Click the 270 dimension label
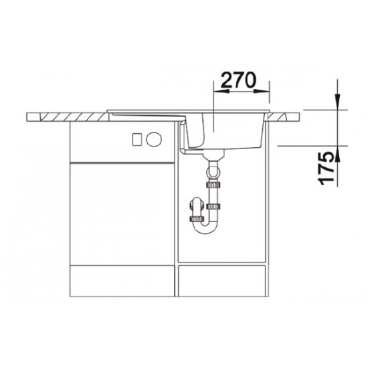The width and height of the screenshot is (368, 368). [x=238, y=80]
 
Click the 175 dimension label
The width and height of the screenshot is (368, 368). [x=326, y=168]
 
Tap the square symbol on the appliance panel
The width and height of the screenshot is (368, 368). [x=137, y=139]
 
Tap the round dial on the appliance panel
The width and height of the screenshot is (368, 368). [x=154, y=139]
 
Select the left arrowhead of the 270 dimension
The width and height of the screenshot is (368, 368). [x=221, y=91]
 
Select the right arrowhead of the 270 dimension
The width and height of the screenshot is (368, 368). [x=262, y=91]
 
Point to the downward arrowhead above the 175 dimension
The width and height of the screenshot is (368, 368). [x=338, y=102]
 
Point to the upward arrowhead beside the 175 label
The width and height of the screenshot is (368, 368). [x=338, y=154]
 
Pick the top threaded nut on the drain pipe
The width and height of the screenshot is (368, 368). [x=213, y=185]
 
